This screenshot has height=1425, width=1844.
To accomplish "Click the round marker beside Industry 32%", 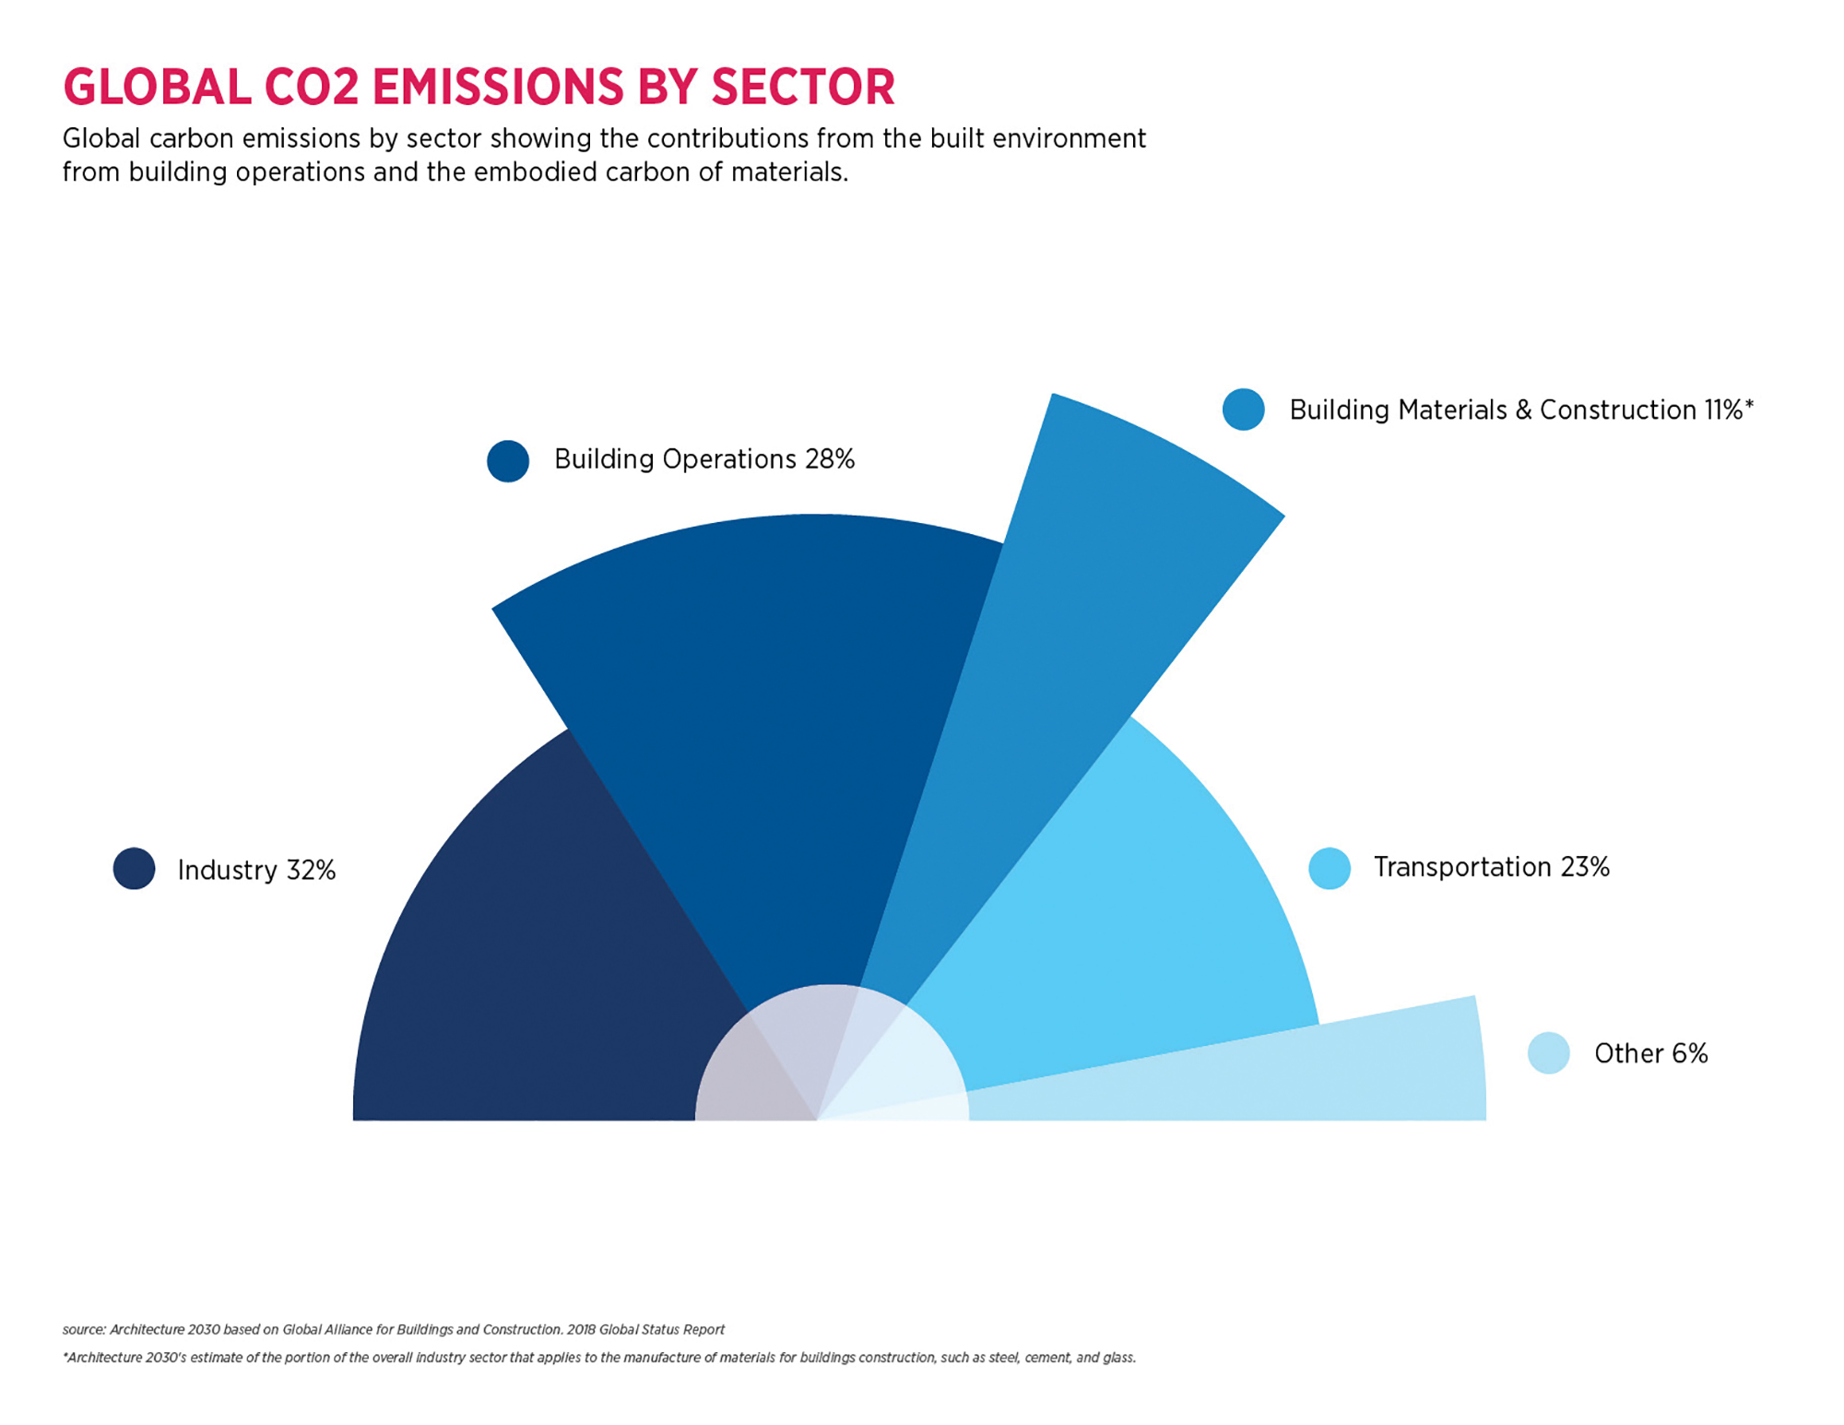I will coord(134,868).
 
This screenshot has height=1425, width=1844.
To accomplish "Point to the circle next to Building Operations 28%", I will coord(508,460).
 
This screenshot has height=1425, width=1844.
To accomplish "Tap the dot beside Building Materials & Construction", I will coord(1243,410).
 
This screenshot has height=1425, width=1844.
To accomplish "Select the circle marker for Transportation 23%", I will coord(1329,868).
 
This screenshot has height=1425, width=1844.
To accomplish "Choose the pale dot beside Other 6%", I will coord(1548,1052).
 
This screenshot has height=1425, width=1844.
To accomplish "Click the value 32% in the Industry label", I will coord(311,870).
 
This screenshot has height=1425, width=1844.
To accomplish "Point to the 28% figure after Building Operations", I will coord(829,459).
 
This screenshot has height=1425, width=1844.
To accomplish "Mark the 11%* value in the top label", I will coord(1727,410).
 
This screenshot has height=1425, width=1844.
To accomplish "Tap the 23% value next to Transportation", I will coord(1584,867).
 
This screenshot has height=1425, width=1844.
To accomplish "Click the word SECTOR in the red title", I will coord(802,88).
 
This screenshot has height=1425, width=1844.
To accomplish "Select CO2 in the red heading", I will coord(311,88).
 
